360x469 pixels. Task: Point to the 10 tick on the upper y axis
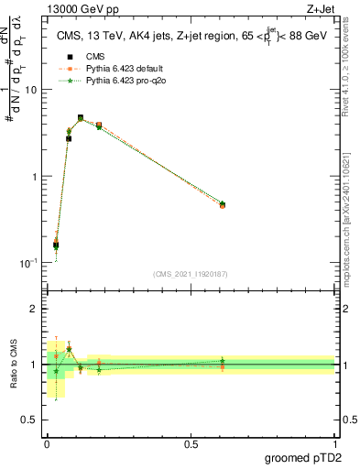(30, 90)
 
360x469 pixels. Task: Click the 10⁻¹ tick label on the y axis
(27, 263)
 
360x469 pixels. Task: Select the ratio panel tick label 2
(34, 310)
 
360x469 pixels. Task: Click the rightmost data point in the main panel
(223, 205)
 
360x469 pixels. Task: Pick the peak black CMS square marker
(81, 118)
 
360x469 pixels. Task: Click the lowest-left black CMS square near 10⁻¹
(56, 245)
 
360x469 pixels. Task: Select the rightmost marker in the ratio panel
(223, 363)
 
